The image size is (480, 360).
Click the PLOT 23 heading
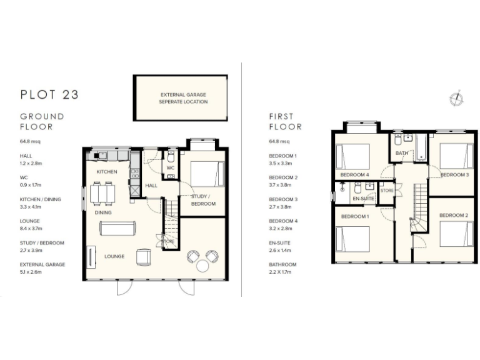pos(49,95)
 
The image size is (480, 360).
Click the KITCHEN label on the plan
pos(107,171)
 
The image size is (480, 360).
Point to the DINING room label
pos(104,212)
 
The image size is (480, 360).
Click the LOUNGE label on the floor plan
pos(114,256)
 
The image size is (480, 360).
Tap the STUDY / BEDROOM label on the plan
pos(202,200)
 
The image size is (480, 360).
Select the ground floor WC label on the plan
pos(170,168)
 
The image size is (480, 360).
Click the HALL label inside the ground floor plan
pos(151,186)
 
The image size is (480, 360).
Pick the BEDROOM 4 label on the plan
pos(354,174)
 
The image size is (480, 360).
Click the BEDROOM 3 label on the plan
pos(454,174)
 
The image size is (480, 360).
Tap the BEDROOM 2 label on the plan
pos(453,215)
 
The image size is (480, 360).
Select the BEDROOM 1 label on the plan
pos(354,216)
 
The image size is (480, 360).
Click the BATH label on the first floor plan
pos(402,153)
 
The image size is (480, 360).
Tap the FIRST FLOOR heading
pos(285,121)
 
